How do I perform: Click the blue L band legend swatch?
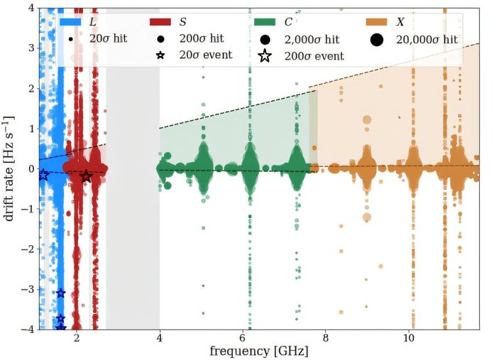pos(70,22)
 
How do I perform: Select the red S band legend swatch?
pos(160,22)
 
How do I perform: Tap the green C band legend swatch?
pos(265,22)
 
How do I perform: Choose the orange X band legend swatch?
pos(376,22)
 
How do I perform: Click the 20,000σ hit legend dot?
pos(377,40)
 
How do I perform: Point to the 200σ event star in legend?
pos(265,56)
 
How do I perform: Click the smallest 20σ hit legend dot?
pos(70,39)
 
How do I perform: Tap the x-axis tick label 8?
pos(326,337)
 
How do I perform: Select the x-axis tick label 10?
pos(409,337)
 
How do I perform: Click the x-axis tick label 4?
pos(160,337)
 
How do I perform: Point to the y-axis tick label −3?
pos(28,290)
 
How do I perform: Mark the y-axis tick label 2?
pos(32,89)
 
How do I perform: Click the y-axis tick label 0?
pos(32,169)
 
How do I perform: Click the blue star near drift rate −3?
pos(61,293)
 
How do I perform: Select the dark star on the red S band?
pos(87,177)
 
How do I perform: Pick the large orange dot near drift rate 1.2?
pos(367,120)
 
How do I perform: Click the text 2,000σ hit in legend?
pos(312,40)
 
